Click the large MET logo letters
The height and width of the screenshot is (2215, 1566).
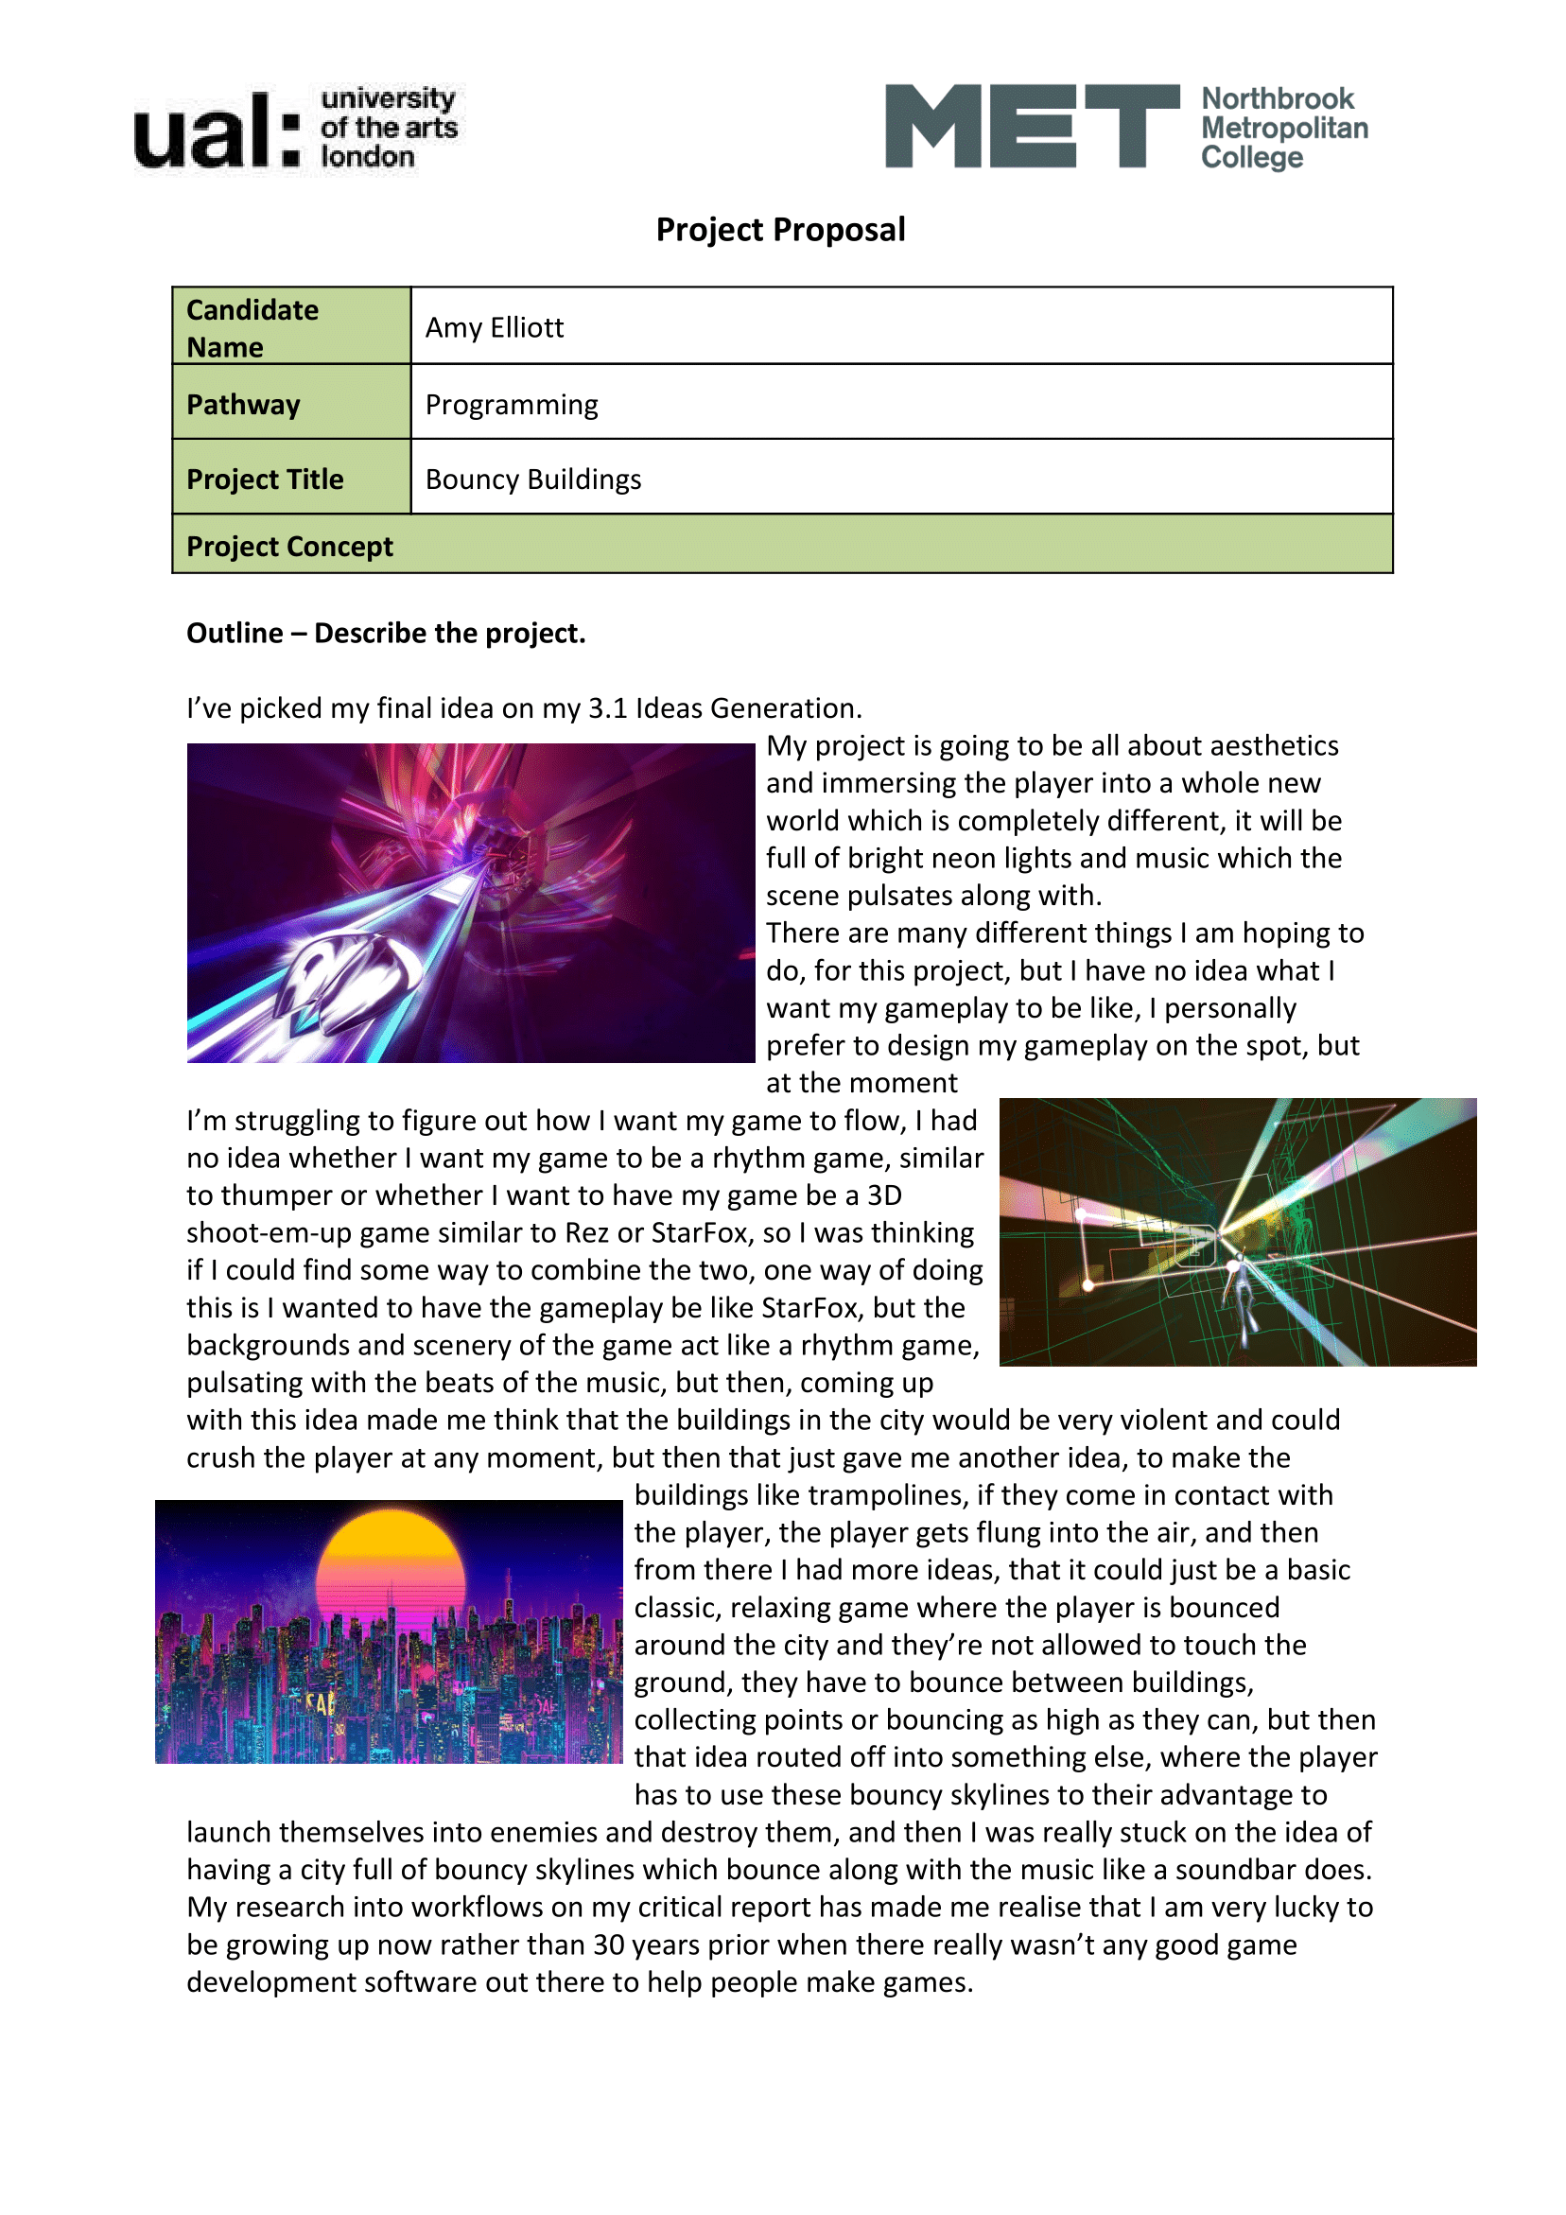point(1031,127)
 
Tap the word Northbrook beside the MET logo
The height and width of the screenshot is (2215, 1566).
point(1277,98)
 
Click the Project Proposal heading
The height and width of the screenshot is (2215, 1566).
point(780,230)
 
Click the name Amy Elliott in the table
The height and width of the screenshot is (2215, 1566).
point(494,328)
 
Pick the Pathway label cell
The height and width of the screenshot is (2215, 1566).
point(291,404)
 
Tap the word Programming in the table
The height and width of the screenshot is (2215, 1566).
point(512,404)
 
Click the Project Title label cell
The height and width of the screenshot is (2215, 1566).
point(291,479)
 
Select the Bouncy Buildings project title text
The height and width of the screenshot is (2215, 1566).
point(532,480)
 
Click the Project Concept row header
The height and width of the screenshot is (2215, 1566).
point(289,546)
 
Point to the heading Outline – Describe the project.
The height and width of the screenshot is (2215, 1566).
point(386,633)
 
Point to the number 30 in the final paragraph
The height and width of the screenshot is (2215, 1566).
point(609,1944)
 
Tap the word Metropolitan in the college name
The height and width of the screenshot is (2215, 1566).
point(1284,128)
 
